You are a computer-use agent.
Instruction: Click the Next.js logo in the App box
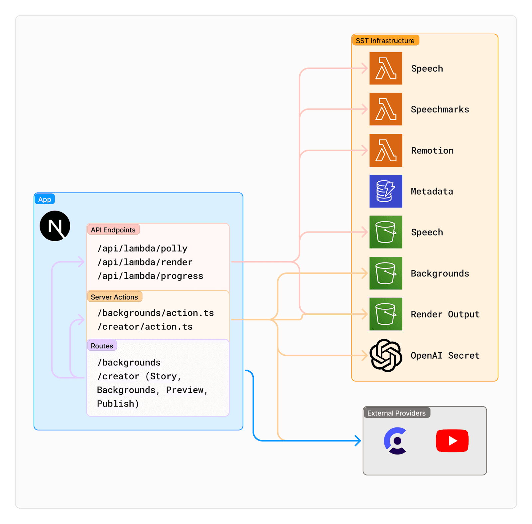(x=55, y=226)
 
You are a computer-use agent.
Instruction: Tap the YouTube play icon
(x=452, y=441)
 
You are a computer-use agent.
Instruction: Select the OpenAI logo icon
(x=386, y=355)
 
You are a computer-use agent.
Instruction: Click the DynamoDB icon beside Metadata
(x=386, y=191)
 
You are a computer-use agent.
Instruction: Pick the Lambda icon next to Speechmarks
(x=386, y=109)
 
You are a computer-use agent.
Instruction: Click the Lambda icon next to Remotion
(x=386, y=150)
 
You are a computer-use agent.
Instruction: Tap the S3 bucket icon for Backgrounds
(x=386, y=273)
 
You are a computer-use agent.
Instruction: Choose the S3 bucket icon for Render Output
(x=386, y=314)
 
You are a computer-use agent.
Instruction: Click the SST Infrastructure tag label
(x=385, y=41)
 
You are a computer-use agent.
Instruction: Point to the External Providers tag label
(x=396, y=413)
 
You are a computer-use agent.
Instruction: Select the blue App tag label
(x=45, y=199)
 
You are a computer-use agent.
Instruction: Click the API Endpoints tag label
(x=113, y=230)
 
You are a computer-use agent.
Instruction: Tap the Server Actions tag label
(x=114, y=297)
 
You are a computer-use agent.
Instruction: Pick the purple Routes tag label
(x=102, y=346)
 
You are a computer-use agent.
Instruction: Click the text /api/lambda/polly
(x=142, y=249)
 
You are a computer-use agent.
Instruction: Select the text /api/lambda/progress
(x=150, y=276)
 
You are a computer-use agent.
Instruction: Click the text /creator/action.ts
(x=145, y=327)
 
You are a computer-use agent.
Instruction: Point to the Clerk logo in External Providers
(x=396, y=441)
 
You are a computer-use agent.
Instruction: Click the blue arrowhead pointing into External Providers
(x=358, y=441)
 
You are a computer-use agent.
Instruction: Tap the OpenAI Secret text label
(x=445, y=355)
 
